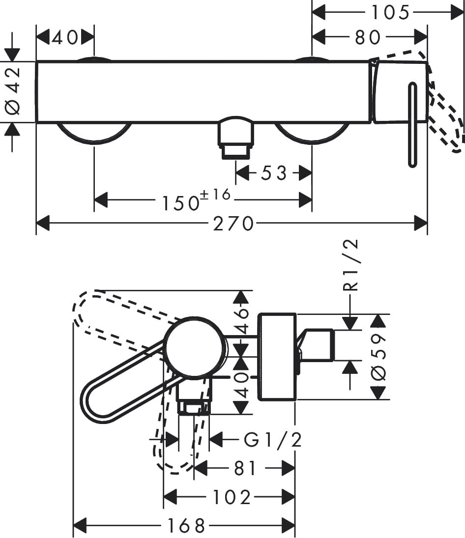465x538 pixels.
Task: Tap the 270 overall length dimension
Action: click(x=233, y=224)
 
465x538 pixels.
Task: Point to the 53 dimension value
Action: click(x=273, y=173)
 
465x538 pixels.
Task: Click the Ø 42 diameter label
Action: click(x=13, y=91)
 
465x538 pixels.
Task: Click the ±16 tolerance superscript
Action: click(x=215, y=194)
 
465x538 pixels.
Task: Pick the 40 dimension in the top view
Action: click(x=65, y=37)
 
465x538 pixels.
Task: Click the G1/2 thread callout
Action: click(x=273, y=440)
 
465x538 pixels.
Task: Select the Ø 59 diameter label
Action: click(x=378, y=357)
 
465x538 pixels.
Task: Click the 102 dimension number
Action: click(x=232, y=498)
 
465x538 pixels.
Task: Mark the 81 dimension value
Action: click(x=245, y=469)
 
